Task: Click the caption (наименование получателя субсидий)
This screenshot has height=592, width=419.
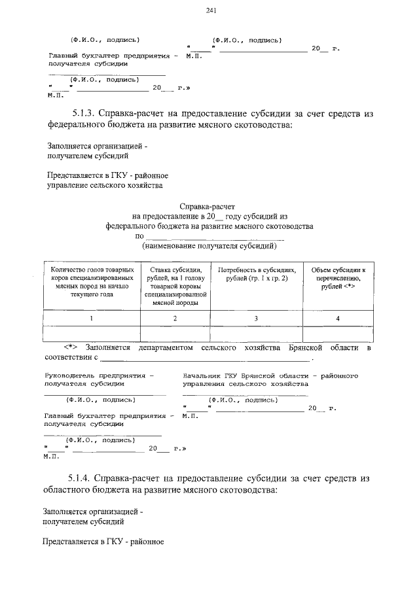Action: coord(209,247)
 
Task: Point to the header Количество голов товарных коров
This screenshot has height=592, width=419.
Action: coord(91,282)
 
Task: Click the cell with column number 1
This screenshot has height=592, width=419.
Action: coord(91,318)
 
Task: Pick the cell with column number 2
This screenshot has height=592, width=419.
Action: coord(175,318)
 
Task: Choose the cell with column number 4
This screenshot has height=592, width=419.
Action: coord(338,318)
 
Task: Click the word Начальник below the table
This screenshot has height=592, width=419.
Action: coord(204,376)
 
